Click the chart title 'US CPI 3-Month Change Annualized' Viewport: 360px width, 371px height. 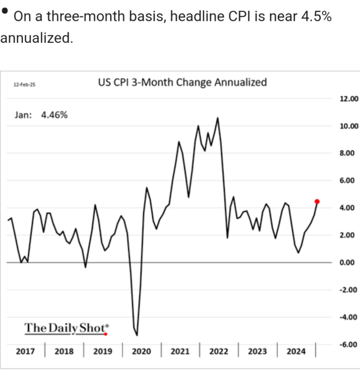click(x=182, y=83)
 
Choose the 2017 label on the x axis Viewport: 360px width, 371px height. click(x=25, y=352)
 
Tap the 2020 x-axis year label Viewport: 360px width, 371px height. click(x=142, y=352)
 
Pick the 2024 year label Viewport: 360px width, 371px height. click(x=296, y=352)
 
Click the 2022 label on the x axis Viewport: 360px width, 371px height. click(x=219, y=352)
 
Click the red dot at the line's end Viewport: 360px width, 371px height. click(x=317, y=201)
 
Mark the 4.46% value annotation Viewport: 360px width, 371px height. click(x=54, y=115)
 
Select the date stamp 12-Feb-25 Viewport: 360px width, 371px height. click(x=24, y=85)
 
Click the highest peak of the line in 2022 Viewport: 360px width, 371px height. click(x=218, y=118)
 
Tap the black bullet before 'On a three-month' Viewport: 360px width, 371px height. click(x=5, y=11)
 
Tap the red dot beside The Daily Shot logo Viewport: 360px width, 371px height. click(x=106, y=334)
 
